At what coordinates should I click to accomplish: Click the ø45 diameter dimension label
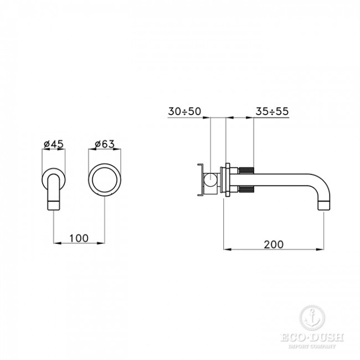[54, 144]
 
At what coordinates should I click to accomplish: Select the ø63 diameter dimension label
[105, 144]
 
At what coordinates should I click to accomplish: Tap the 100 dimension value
[79, 238]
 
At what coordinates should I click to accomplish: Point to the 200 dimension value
[274, 244]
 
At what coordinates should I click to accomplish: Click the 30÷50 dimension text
[184, 111]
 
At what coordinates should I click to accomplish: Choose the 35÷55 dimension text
[272, 111]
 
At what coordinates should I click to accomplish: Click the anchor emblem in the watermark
[312, 318]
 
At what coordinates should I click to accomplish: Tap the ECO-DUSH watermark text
[312, 337]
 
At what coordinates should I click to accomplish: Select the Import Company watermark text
[312, 346]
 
